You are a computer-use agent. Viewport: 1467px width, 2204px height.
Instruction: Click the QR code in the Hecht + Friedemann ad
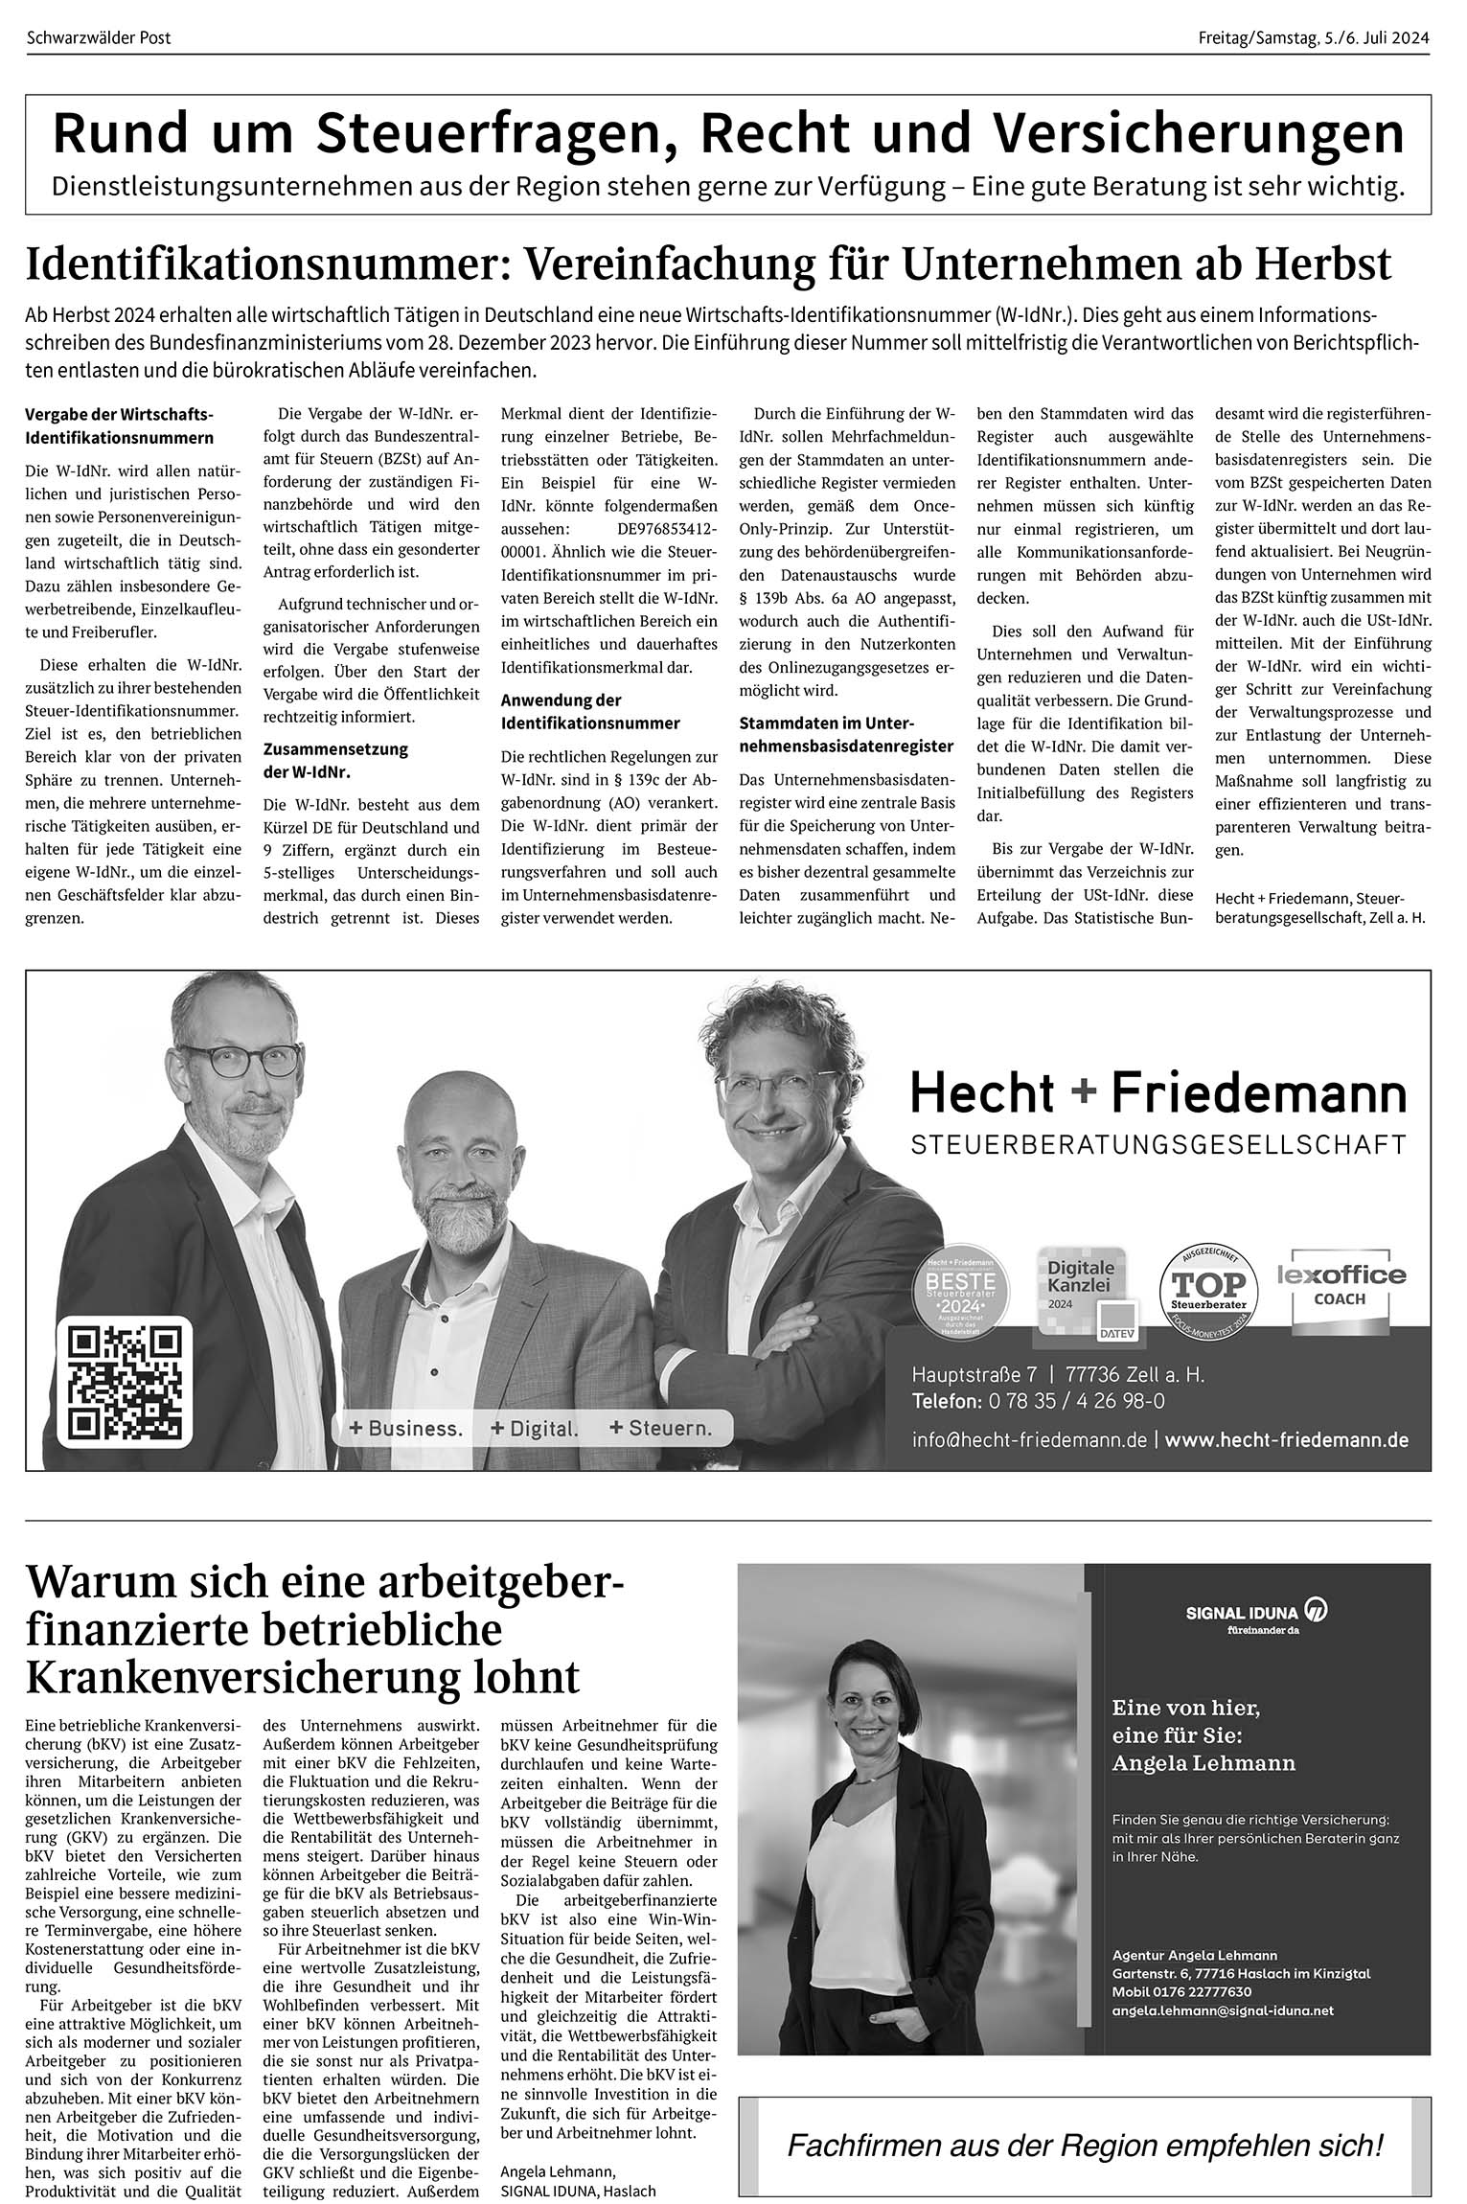[125, 1383]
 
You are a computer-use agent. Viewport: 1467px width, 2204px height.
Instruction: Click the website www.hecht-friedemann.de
[1286, 1439]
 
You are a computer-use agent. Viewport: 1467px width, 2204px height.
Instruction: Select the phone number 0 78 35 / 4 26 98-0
[1072, 1401]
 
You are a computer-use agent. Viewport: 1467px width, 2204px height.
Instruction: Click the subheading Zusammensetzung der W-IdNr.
[335, 760]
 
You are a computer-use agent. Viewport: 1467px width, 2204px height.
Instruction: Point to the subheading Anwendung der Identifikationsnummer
[590, 711]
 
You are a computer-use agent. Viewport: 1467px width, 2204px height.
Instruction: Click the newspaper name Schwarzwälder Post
[99, 38]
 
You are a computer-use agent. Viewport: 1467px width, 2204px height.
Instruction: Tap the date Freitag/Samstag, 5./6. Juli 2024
[1313, 38]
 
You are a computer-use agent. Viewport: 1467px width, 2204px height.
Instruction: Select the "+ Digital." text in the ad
[534, 1428]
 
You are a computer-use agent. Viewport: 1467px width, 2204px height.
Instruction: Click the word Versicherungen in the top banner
[1198, 134]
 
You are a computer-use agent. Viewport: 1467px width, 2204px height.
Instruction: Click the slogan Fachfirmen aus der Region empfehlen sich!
[1085, 2145]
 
